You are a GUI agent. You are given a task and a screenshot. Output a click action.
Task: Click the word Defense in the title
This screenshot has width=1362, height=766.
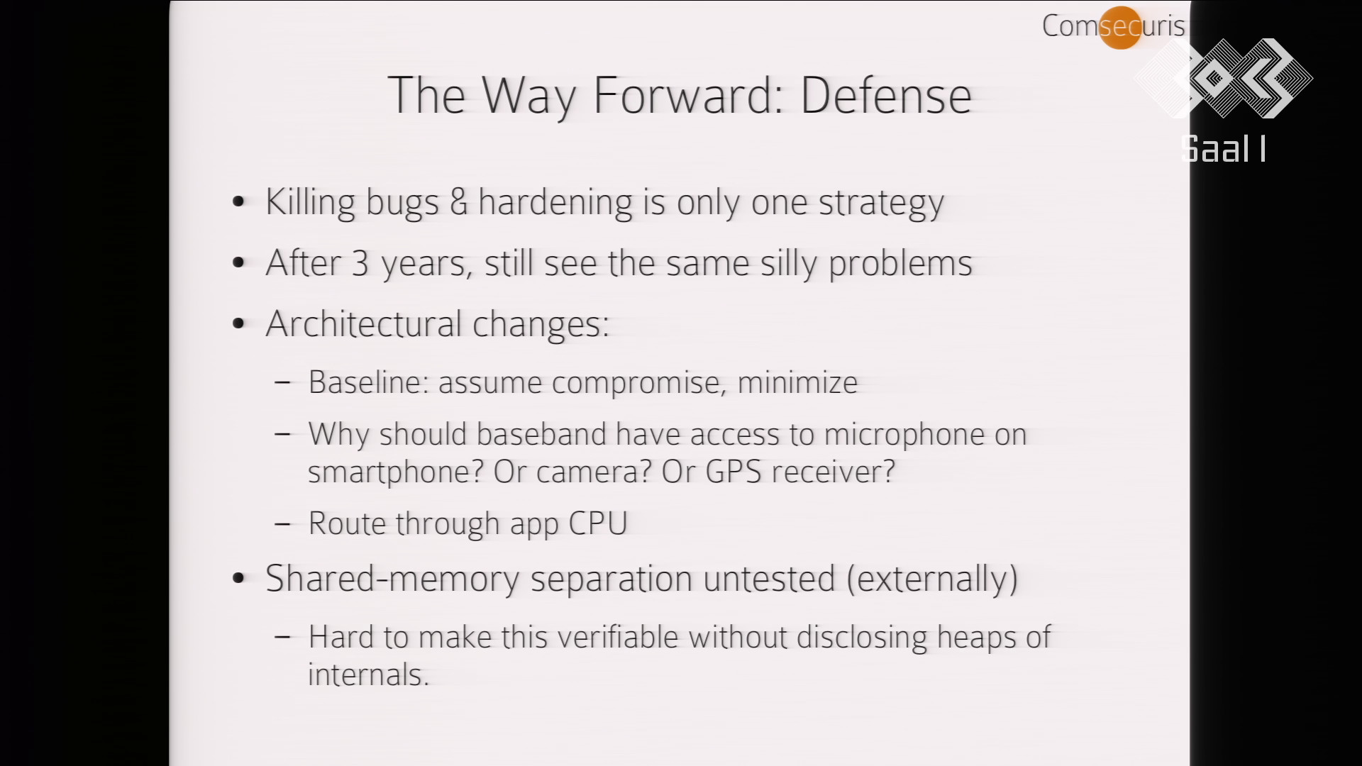886,95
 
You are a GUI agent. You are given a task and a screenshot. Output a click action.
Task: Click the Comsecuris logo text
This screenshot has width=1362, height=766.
1113,26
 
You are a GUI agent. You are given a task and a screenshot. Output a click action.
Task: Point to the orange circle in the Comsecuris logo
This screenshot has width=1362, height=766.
1120,28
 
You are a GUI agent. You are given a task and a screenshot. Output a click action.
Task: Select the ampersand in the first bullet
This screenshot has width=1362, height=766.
459,201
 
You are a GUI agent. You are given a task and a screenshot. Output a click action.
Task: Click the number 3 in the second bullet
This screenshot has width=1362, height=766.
360,263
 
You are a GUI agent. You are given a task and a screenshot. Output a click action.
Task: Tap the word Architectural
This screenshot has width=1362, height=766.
364,324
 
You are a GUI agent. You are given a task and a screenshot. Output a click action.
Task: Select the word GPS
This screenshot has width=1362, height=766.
733,472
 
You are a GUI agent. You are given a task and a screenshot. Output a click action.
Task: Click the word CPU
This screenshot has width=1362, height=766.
598,523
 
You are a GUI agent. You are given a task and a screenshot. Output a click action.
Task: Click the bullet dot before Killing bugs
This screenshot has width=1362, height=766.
238,202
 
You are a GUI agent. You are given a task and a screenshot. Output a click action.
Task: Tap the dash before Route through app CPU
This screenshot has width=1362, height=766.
282,524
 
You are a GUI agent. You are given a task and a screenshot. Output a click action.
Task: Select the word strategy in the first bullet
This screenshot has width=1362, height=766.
882,204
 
